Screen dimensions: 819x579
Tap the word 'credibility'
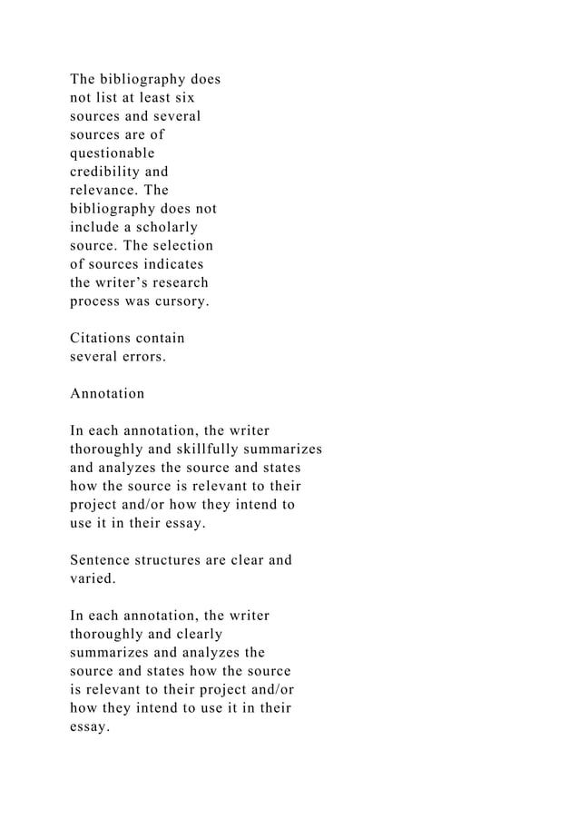tap(107, 171)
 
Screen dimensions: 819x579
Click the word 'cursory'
tap(178, 301)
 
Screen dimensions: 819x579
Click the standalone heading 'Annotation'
tap(107, 394)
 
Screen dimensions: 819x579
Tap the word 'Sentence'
tap(102, 560)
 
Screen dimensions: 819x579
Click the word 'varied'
tap(91, 578)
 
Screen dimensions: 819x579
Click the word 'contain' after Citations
tap(161, 339)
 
